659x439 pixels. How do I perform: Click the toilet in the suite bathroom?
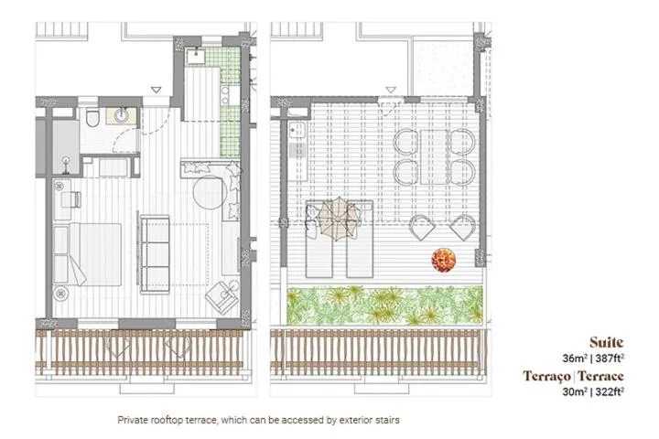[x=92, y=120]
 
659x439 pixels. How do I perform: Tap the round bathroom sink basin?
[x=122, y=115]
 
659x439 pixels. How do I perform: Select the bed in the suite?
[x=87, y=252]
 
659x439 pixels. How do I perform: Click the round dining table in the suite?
[x=208, y=194]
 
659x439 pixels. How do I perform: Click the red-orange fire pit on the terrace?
[x=444, y=260]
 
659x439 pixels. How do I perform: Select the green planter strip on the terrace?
[x=384, y=305]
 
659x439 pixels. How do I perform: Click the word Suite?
[x=607, y=342]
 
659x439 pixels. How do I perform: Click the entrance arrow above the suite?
[x=157, y=90]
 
